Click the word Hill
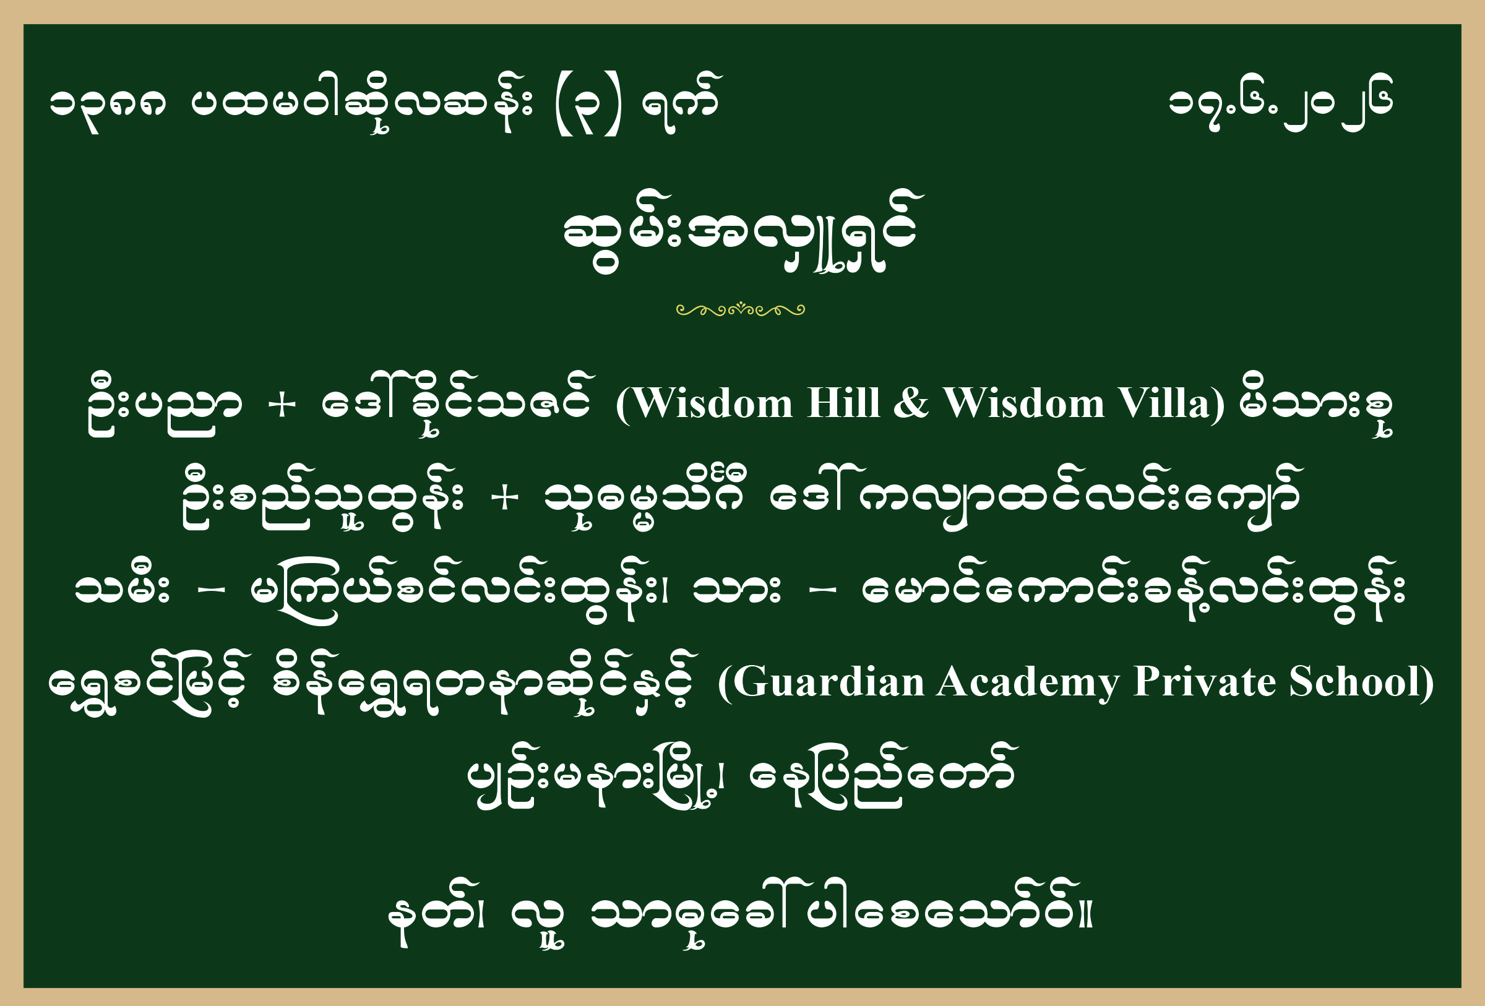[843, 403]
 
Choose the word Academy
[1028, 683]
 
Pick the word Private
[1205, 682]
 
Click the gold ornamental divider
[741, 310]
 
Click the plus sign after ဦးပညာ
[282, 406]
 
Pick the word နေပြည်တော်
[882, 775]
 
